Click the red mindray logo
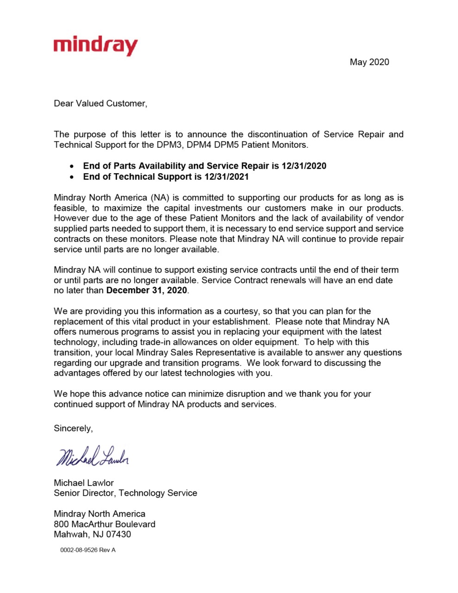[95, 46]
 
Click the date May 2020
[369, 62]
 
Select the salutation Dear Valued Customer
[100, 103]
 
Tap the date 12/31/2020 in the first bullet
[304, 166]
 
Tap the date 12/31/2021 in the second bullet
[227, 177]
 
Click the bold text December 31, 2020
[147, 290]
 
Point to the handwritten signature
[92, 456]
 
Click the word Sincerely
[73, 428]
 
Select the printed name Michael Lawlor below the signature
[84, 483]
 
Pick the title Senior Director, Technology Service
[125, 493]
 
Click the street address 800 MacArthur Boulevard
[105, 524]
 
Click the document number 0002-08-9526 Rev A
[88, 550]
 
